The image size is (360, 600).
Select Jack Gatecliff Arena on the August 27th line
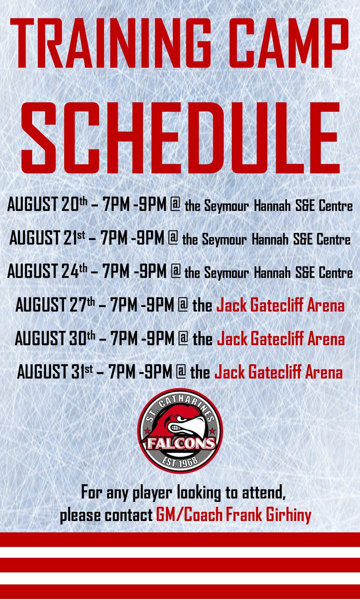point(280,305)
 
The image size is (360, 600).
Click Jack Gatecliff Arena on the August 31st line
point(278,372)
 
